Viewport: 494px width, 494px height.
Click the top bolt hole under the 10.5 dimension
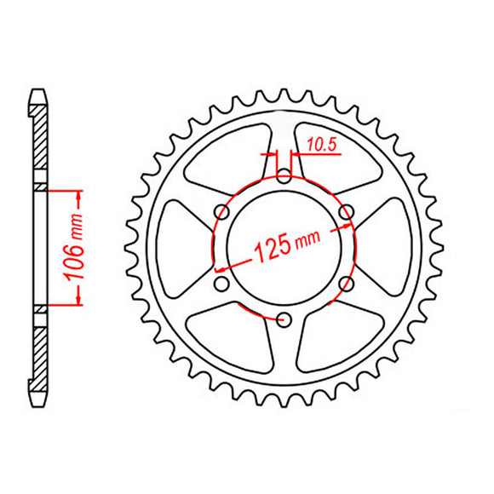(284, 177)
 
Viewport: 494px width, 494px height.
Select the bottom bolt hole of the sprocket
(284, 319)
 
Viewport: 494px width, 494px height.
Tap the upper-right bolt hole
(346, 211)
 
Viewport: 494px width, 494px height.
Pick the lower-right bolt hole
(346, 284)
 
